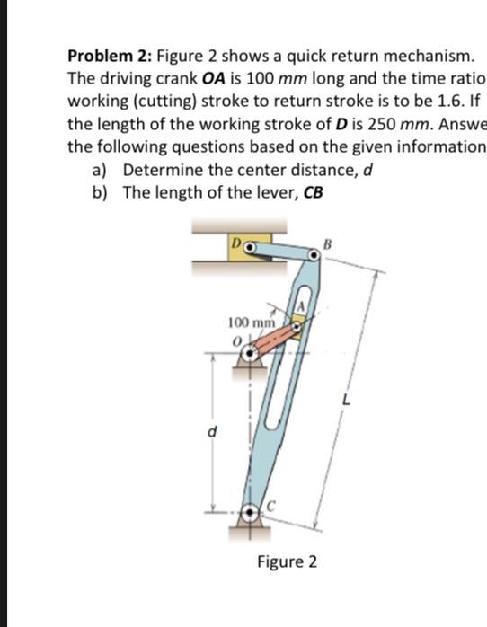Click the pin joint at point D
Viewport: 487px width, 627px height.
tap(252, 245)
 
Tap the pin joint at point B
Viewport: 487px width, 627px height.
tap(310, 258)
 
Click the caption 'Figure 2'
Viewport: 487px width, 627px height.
tap(287, 562)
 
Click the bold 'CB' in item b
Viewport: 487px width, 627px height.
tap(313, 191)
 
